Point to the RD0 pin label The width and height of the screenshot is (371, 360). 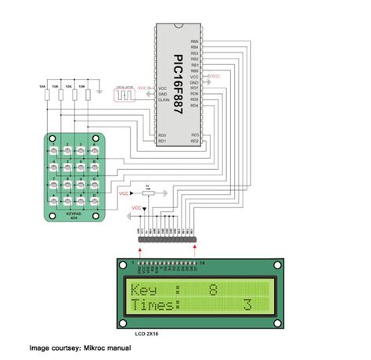(x=162, y=135)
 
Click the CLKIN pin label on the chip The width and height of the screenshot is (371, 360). (x=164, y=100)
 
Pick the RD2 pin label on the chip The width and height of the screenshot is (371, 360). (x=195, y=142)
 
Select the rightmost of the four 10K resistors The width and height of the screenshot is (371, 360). (x=88, y=95)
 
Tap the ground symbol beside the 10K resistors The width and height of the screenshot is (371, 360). (x=101, y=90)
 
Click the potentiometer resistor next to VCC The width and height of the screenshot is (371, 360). (x=149, y=191)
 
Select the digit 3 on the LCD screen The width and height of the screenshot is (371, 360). (x=247, y=304)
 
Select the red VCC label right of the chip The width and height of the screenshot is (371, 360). (x=216, y=76)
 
